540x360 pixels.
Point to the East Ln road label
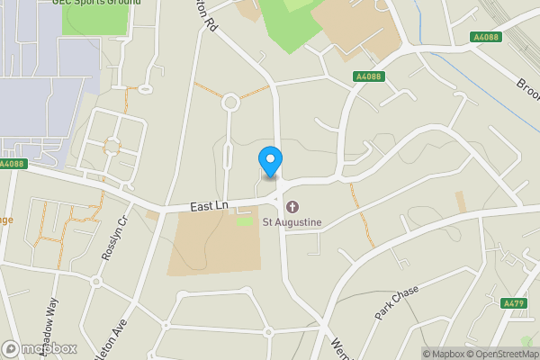[209, 207]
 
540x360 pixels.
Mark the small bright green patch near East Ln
[244, 220]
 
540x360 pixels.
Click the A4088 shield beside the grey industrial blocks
[12, 164]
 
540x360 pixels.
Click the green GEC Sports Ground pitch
[94, 22]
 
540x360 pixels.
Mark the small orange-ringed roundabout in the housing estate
[112, 145]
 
